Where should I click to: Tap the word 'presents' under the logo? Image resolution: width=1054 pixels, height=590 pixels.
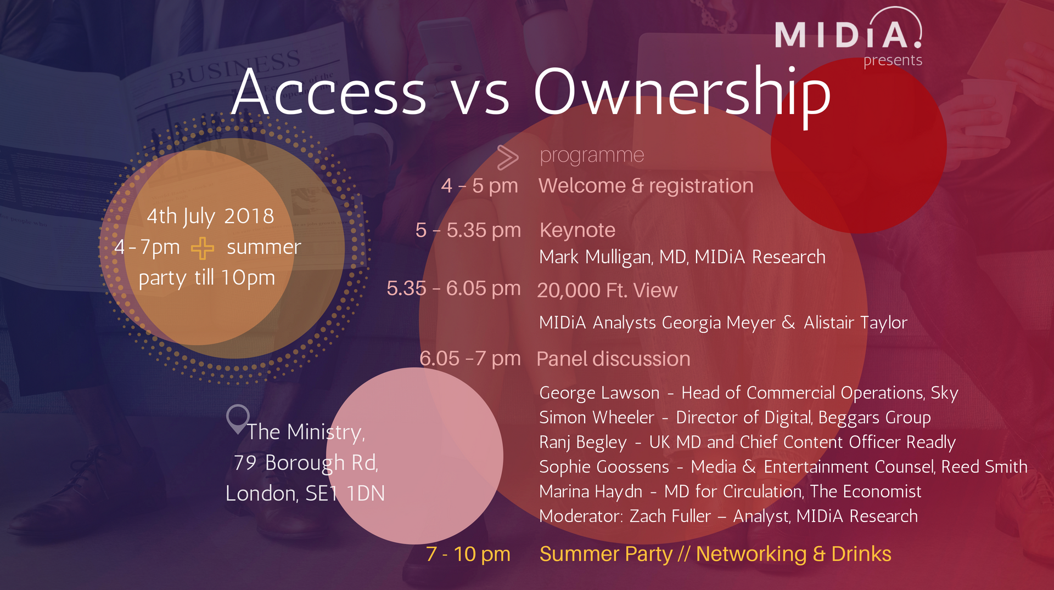pyautogui.click(x=893, y=60)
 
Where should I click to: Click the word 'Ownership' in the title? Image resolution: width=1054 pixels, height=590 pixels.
pyautogui.click(x=682, y=93)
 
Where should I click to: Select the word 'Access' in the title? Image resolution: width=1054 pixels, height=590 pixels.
pyautogui.click(x=329, y=92)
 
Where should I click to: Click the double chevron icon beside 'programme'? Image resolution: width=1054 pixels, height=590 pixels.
pyautogui.click(x=508, y=157)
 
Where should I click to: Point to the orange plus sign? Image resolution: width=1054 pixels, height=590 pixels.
pyautogui.click(x=203, y=248)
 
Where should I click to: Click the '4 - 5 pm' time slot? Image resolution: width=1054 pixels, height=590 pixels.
pyautogui.click(x=479, y=186)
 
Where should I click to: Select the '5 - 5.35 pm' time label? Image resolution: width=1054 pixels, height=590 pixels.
pyautogui.click(x=468, y=230)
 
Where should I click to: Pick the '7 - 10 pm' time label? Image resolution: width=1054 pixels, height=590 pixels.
pyautogui.click(x=468, y=554)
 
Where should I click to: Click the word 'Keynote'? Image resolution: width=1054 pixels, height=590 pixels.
pyautogui.click(x=578, y=230)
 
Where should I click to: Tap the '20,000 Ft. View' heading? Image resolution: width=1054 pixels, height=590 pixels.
pyautogui.click(x=607, y=290)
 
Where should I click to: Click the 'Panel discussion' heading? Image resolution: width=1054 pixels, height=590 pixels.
pyautogui.click(x=613, y=359)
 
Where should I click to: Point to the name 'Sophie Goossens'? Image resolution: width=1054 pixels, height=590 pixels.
pyautogui.click(x=604, y=467)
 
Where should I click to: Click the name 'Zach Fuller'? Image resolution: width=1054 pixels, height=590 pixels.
pyautogui.click(x=670, y=516)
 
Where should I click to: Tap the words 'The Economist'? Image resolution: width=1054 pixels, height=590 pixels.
pyautogui.click(x=866, y=491)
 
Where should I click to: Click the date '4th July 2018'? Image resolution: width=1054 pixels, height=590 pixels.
pyautogui.click(x=210, y=217)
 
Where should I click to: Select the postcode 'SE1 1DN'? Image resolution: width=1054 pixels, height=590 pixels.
pyautogui.click(x=345, y=493)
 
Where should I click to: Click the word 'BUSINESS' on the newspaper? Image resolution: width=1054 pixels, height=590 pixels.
pyautogui.click(x=234, y=69)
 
